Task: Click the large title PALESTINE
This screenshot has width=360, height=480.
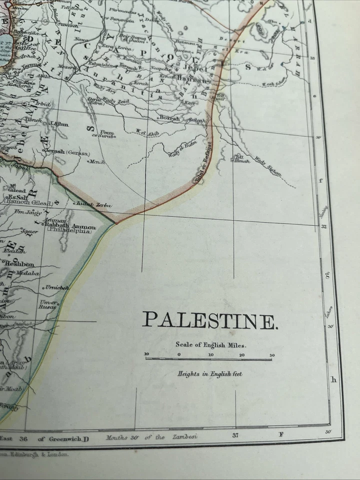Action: (209, 320)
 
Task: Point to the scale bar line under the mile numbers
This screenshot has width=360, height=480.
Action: (209, 359)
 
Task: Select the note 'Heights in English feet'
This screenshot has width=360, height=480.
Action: (209, 373)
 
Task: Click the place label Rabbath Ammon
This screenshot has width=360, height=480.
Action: (70, 226)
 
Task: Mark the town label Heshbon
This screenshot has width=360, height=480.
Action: (19, 264)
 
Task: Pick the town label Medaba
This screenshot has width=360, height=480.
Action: (28, 273)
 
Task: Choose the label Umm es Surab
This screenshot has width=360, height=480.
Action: (103, 134)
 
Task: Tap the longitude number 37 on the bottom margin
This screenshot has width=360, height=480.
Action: (235, 435)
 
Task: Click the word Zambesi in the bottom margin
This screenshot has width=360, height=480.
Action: (186, 436)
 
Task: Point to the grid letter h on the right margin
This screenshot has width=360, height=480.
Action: (334, 379)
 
